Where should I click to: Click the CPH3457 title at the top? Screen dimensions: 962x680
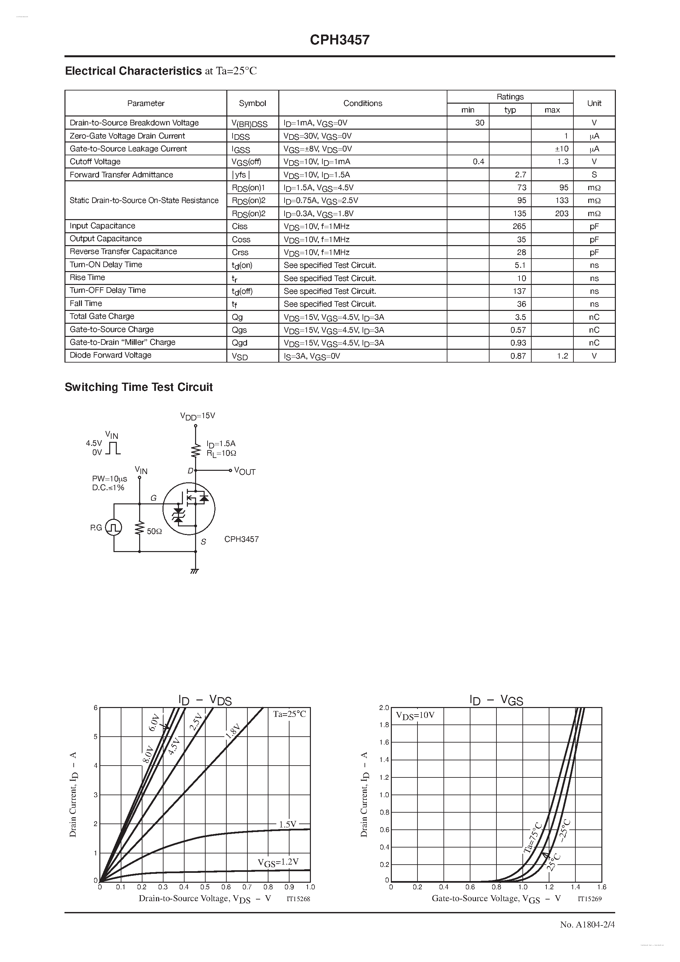click(x=340, y=40)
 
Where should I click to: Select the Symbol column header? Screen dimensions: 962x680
click(x=252, y=103)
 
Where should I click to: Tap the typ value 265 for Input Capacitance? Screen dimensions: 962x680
click(x=519, y=226)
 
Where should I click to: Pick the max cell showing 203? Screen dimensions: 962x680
click(x=562, y=213)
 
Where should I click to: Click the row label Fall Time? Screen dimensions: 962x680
click(x=86, y=303)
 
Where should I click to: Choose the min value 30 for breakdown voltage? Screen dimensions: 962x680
click(x=479, y=123)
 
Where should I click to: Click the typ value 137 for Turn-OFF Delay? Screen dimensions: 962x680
click(x=519, y=291)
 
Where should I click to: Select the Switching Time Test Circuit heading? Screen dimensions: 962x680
click(x=139, y=387)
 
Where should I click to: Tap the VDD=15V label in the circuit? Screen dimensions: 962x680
click(x=197, y=416)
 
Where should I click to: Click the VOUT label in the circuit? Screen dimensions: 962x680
click(x=245, y=471)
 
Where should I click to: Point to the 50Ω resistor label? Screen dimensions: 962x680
click(x=154, y=531)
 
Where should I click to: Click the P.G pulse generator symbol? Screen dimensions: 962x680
click(x=113, y=527)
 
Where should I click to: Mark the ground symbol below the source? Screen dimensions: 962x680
click(x=194, y=571)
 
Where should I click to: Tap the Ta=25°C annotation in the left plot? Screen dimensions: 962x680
click(x=290, y=714)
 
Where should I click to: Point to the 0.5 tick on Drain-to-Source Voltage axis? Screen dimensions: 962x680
click(x=205, y=887)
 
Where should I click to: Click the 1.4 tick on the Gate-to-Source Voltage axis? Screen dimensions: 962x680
click(x=575, y=887)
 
